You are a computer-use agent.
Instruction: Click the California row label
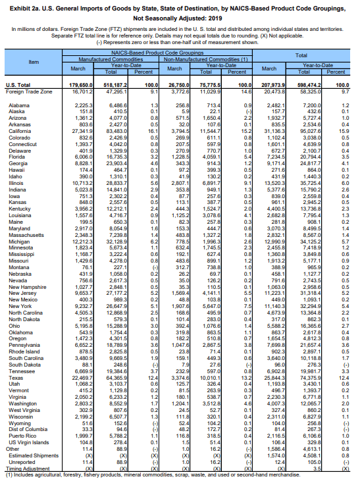point(22,131)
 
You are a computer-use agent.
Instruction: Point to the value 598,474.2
point(311,86)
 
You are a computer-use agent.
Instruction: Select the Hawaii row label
point(18,170)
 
